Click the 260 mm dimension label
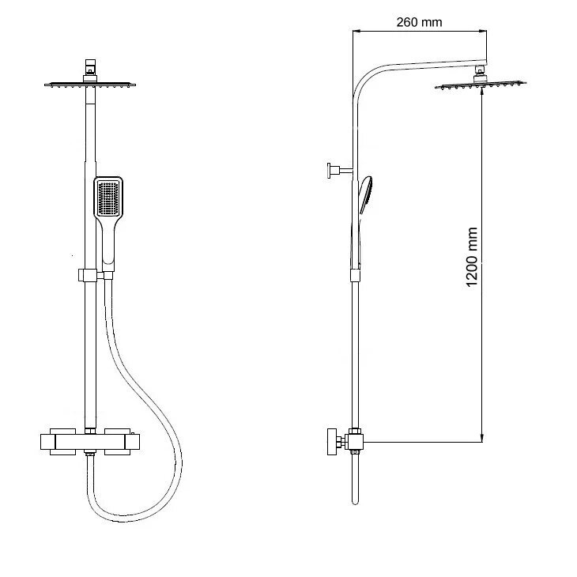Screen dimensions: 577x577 (419, 22)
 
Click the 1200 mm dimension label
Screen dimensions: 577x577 (472, 257)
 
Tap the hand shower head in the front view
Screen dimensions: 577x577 (108, 198)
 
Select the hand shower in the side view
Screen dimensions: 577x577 (365, 195)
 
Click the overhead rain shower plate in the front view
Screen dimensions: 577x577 (90, 85)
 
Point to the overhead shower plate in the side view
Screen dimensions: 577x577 (481, 85)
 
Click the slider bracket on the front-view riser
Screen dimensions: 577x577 (88, 275)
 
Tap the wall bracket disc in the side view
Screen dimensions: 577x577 (330, 171)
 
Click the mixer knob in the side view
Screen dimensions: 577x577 (333, 442)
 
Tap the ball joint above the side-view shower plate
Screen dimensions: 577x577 (480, 74)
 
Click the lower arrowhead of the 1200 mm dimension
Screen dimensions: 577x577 (481, 437)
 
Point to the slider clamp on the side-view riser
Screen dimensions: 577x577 (355, 275)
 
